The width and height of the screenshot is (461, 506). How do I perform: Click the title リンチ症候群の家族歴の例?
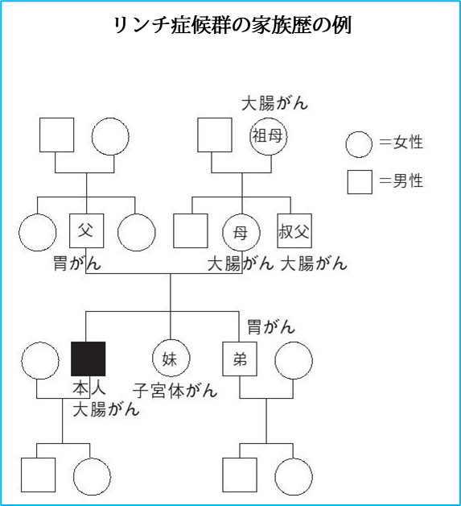point(233,25)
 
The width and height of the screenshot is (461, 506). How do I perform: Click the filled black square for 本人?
point(88,359)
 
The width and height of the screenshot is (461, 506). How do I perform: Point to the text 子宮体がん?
point(175,391)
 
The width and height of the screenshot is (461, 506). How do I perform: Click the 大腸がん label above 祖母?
point(274,103)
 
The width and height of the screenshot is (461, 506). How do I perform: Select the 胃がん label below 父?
point(77,263)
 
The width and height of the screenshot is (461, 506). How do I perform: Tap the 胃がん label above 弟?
point(271,326)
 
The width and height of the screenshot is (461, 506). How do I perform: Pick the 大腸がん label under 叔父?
point(314,263)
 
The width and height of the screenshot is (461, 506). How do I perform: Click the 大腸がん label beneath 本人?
point(106,409)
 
